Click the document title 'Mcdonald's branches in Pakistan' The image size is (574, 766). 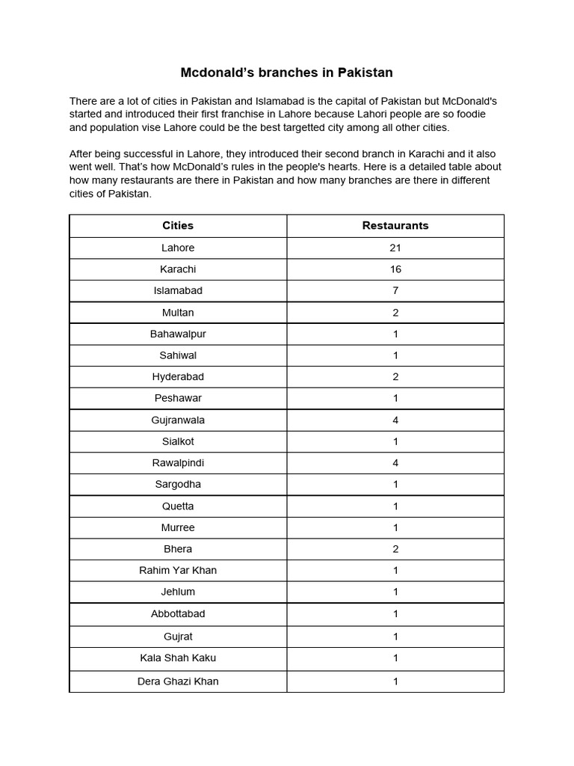pyautogui.click(x=286, y=73)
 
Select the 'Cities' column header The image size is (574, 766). pyautogui.click(x=178, y=225)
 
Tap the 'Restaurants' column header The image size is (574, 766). pyautogui.click(x=395, y=225)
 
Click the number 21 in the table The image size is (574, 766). pyautogui.click(x=395, y=248)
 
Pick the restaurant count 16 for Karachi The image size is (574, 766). pyautogui.click(x=395, y=269)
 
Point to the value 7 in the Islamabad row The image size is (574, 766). pyautogui.click(x=395, y=290)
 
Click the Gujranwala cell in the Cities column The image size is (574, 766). pyautogui.click(x=178, y=420)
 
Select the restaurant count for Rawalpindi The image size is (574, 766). pyautogui.click(x=395, y=463)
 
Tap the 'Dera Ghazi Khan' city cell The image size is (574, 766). pyautogui.click(x=178, y=681)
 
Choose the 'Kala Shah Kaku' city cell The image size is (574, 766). pyautogui.click(x=178, y=658)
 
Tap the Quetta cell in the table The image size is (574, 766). pyautogui.click(x=178, y=506)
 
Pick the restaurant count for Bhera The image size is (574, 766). pyautogui.click(x=395, y=549)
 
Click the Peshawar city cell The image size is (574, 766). pyautogui.click(x=178, y=398)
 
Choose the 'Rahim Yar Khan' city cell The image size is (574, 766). pyautogui.click(x=178, y=570)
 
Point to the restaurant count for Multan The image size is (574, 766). pyautogui.click(x=395, y=313)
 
